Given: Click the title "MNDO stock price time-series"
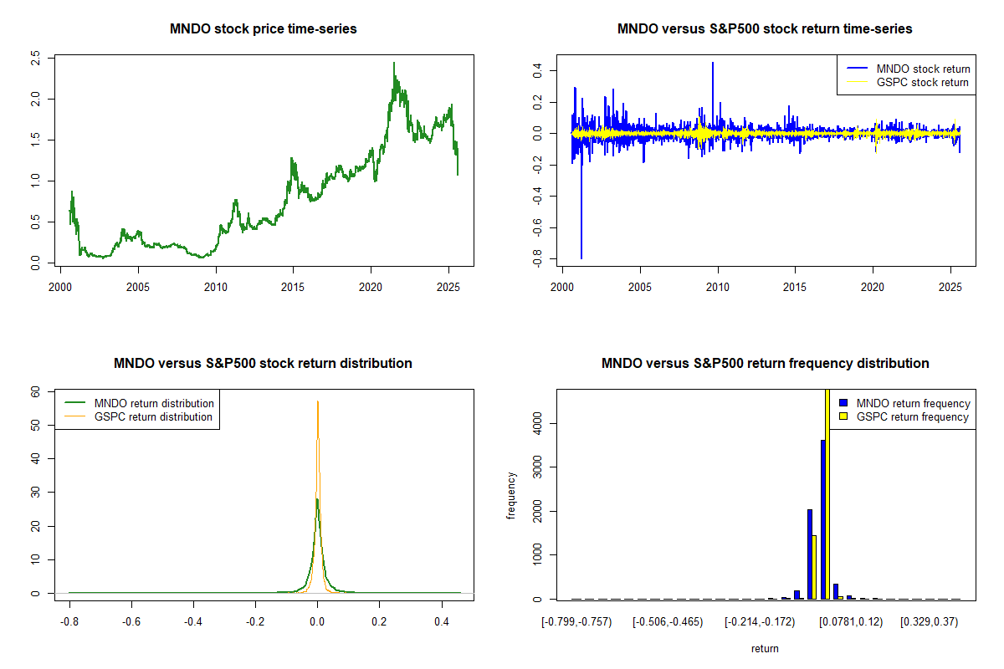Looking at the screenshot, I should [264, 29].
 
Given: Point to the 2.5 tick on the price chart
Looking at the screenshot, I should [35, 58].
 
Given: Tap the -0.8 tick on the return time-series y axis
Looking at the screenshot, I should [536, 261].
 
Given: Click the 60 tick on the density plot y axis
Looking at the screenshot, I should [36, 391].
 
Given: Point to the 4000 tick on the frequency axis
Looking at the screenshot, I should [536, 423].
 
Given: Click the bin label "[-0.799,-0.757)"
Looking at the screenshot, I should [576, 621].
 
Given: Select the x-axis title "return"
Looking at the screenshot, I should [765, 648].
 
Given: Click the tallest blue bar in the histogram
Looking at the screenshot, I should [822, 518].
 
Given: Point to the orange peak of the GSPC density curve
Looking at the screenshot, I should [318, 403].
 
